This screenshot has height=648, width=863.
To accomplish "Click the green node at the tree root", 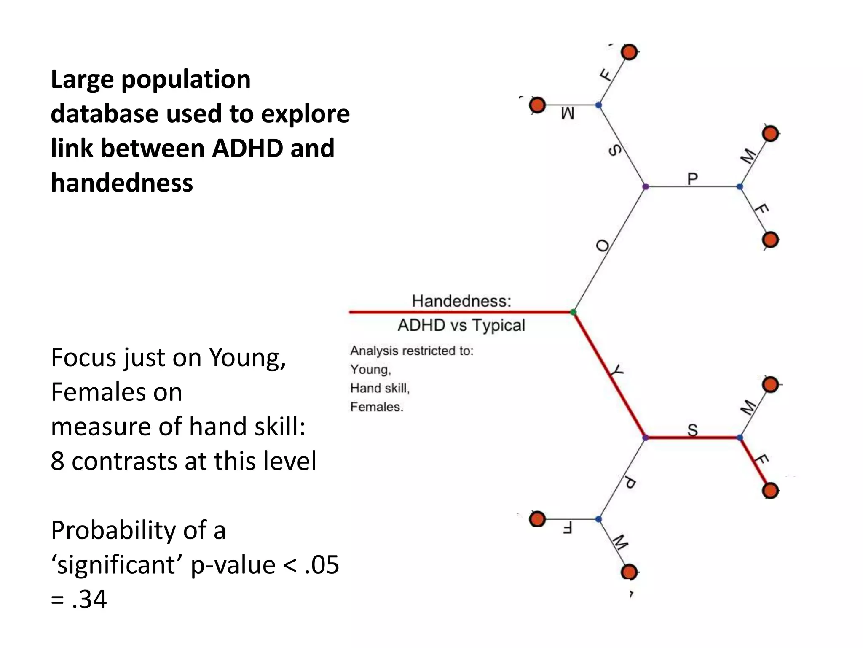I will pyautogui.click(x=573, y=312).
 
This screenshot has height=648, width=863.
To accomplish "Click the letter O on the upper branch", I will pyautogui.click(x=603, y=246).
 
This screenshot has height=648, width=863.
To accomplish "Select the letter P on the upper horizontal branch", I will pyautogui.click(x=692, y=179).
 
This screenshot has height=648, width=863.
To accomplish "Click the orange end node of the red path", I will pyautogui.click(x=771, y=491).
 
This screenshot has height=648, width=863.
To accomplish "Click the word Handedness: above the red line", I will pyautogui.click(x=461, y=301).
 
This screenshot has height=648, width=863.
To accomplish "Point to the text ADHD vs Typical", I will pyautogui.click(x=461, y=325).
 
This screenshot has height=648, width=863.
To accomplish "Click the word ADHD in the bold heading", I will pyautogui.click(x=240, y=148).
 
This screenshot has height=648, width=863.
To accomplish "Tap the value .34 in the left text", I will pyautogui.click(x=89, y=599).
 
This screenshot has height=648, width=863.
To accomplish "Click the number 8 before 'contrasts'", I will pyautogui.click(x=57, y=461).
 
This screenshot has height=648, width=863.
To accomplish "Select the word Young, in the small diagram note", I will pyautogui.click(x=370, y=370).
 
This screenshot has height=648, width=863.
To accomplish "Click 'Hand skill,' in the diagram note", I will pyautogui.click(x=380, y=388).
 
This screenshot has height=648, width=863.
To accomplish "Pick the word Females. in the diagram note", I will pyautogui.click(x=377, y=407).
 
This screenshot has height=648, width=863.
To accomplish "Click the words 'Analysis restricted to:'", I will pyautogui.click(x=412, y=351).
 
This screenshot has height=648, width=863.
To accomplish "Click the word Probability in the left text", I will pyautogui.click(x=138, y=530).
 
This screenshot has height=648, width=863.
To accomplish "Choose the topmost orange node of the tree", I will pyautogui.click(x=629, y=52).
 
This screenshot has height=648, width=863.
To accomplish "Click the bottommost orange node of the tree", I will pyautogui.click(x=629, y=572).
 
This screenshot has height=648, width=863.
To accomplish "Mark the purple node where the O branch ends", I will pyautogui.click(x=645, y=186).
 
